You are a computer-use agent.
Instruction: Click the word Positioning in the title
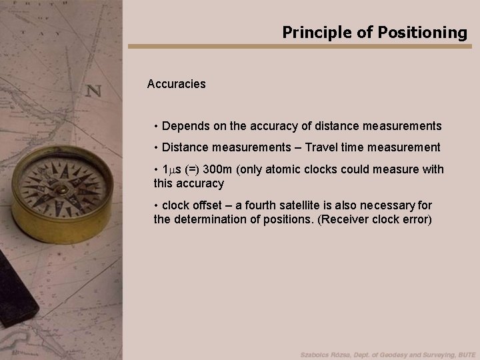[x=425, y=32]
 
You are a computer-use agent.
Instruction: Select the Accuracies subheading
[x=177, y=85]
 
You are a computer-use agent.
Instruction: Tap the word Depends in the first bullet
[x=183, y=125]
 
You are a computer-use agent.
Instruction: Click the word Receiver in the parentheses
[x=347, y=219]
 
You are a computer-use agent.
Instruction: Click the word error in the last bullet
[x=415, y=219]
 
